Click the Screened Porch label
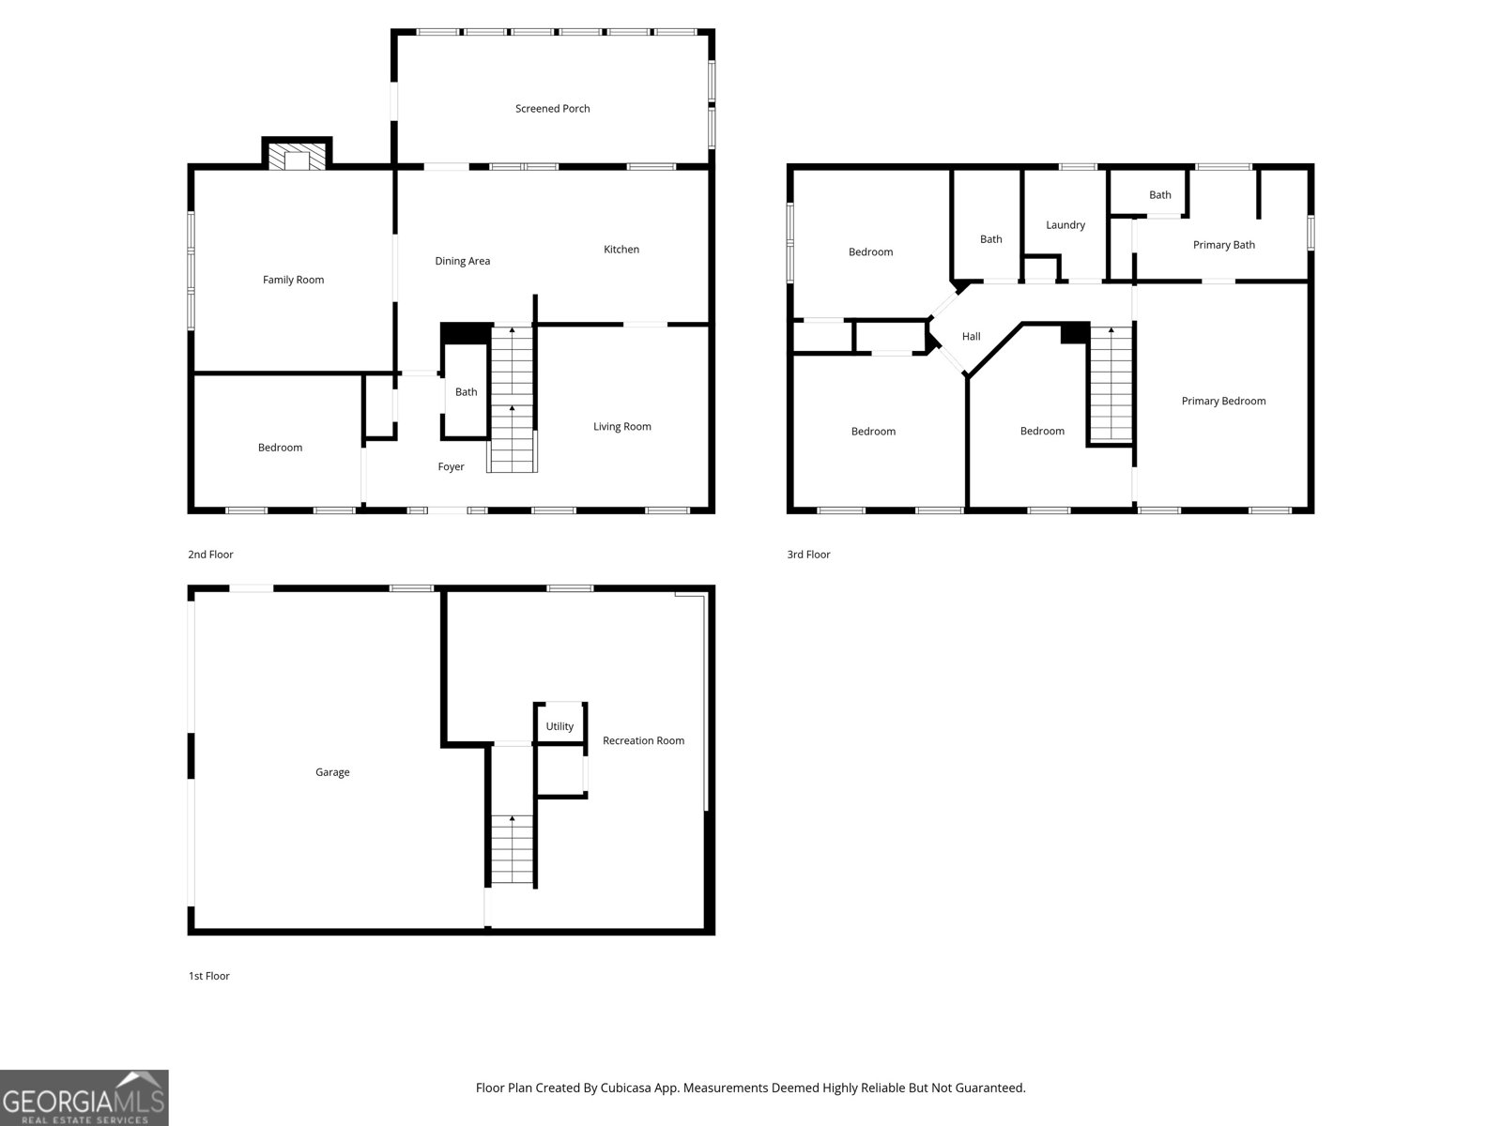click(x=552, y=109)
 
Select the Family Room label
click(x=293, y=280)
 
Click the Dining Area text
click(x=462, y=261)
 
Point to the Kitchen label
click(x=621, y=250)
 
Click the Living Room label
click(x=621, y=427)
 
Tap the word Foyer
click(x=451, y=467)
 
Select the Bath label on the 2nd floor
click(x=466, y=392)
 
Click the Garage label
click(x=332, y=772)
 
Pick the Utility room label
click(x=559, y=726)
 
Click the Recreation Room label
click(x=643, y=740)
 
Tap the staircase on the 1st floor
click(x=513, y=849)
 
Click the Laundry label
click(x=1065, y=225)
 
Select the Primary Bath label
click(x=1223, y=245)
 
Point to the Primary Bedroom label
click(x=1222, y=402)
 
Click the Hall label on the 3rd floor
click(x=971, y=337)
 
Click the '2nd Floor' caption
click(x=210, y=555)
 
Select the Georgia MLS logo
click(x=84, y=1098)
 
